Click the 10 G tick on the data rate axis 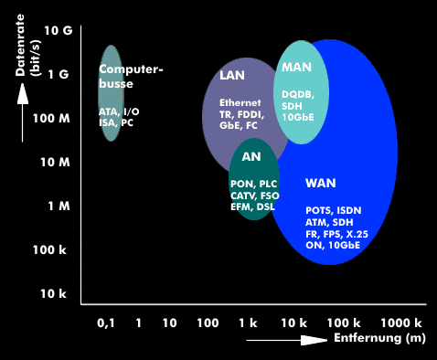click(59, 30)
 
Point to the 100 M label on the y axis click(51, 119)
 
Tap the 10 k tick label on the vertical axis click(53, 293)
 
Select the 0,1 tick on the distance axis click(106, 323)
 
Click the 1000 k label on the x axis click(401, 323)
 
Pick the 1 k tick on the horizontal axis click(248, 323)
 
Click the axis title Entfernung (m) click(379, 338)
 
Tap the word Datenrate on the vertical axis click(20, 45)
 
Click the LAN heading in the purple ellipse click(232, 75)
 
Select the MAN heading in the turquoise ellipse click(296, 67)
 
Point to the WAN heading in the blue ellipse click(321, 183)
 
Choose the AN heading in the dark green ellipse click(251, 156)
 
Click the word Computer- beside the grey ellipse click(131, 69)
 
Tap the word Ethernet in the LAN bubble click(240, 102)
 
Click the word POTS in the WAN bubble click(318, 210)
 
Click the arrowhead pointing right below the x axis click(314, 340)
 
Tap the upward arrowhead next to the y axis click(23, 94)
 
